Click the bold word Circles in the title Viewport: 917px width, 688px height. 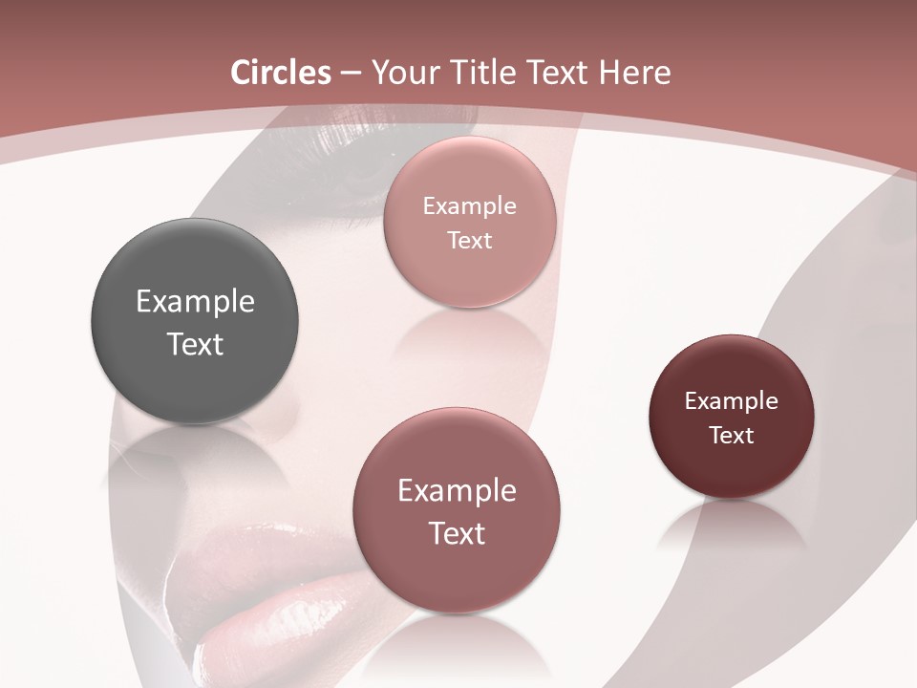point(281,73)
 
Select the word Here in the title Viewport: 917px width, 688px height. point(634,73)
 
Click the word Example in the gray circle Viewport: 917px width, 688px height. point(195,302)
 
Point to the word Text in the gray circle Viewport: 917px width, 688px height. point(195,344)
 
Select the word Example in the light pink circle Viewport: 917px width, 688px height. point(470,206)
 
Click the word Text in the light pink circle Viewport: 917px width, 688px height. point(470,241)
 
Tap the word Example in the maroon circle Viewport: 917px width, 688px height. point(732,401)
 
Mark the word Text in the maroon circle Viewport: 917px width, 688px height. point(732,436)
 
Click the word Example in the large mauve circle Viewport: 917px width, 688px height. point(457,491)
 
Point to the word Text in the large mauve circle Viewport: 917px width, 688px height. point(457,533)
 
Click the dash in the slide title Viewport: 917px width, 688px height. point(351,73)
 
